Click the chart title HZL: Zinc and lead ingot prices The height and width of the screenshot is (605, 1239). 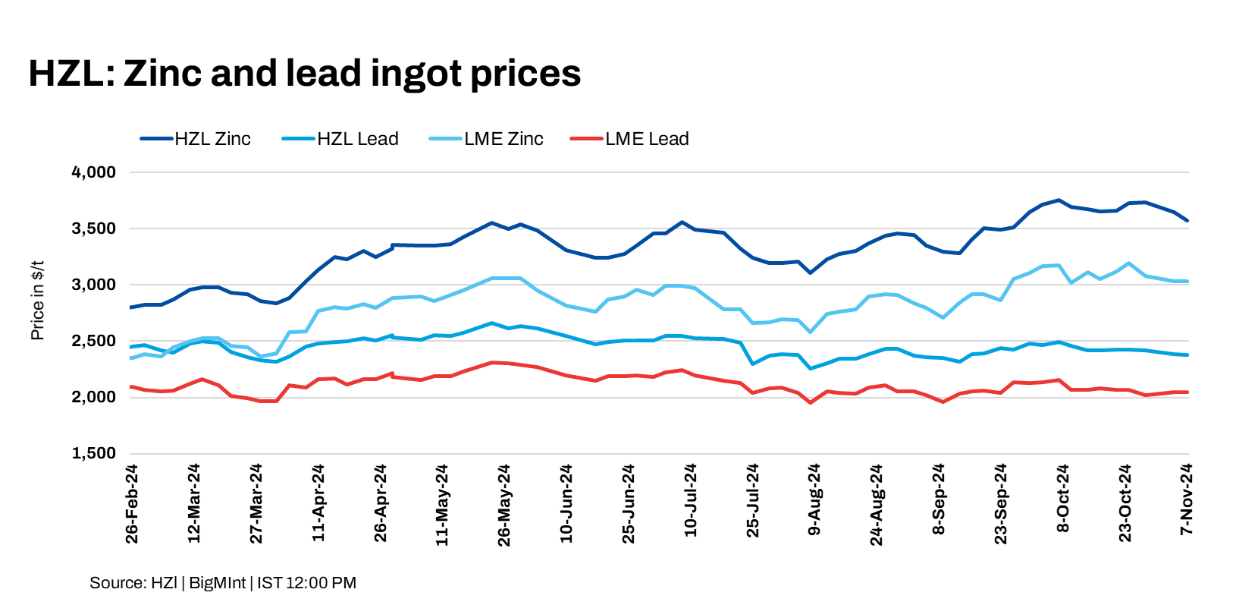point(304,74)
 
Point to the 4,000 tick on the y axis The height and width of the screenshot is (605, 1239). point(94,172)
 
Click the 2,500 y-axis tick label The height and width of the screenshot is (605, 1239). point(94,341)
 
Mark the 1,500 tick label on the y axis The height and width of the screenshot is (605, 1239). point(94,453)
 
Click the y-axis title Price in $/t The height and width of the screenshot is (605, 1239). point(37,301)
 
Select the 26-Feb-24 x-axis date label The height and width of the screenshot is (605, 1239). point(132,504)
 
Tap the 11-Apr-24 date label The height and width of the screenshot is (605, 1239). point(318,504)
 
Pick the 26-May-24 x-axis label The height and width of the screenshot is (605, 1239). point(504,504)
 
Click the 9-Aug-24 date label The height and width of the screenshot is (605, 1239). point(814,499)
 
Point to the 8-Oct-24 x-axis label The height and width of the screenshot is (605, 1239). point(1063,499)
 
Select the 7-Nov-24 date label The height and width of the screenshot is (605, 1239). point(1187,499)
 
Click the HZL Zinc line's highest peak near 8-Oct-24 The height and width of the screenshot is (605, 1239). point(1059,200)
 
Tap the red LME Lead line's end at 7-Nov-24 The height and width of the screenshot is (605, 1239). point(1187,392)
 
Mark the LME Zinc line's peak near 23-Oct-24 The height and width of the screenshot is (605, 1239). point(1129,263)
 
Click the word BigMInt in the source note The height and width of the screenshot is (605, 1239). point(218,583)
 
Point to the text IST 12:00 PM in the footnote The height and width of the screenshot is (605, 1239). point(306,583)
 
